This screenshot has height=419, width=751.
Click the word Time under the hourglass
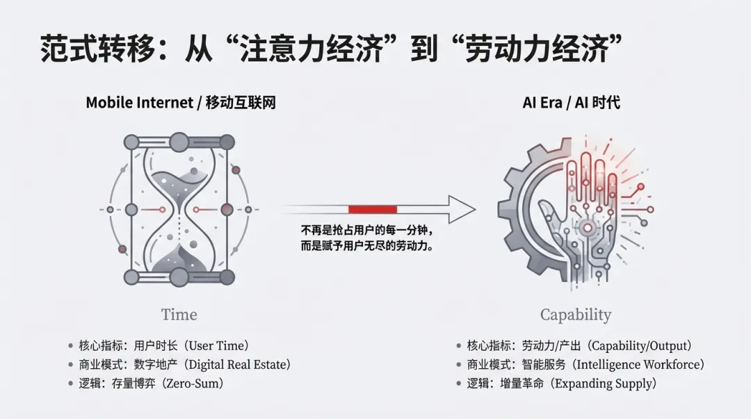point(179,314)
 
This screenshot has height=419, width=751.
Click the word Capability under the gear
point(576,315)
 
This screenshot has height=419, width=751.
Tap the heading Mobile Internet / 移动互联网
point(181,103)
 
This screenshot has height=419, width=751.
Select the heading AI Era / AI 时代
point(571,103)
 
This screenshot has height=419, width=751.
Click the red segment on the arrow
point(372,209)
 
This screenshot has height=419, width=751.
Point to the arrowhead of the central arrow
point(460,209)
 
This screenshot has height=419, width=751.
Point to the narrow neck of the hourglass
point(179,208)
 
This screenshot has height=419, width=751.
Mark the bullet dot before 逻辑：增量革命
point(459,383)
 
